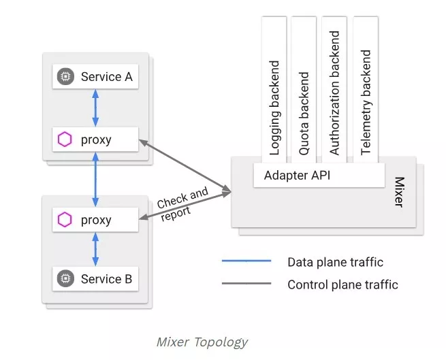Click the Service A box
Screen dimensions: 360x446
click(x=95, y=77)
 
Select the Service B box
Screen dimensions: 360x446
click(x=95, y=278)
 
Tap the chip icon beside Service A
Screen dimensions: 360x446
click(x=65, y=77)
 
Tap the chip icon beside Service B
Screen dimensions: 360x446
click(x=65, y=278)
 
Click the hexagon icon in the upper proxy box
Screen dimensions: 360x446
click(x=65, y=140)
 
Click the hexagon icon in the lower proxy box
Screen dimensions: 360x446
click(x=65, y=220)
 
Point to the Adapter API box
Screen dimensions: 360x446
click(x=319, y=174)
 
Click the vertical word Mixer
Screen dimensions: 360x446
click(x=400, y=192)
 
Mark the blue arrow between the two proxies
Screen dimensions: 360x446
click(x=95, y=180)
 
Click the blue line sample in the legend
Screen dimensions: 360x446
click(x=246, y=261)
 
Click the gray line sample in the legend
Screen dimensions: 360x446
click(x=246, y=283)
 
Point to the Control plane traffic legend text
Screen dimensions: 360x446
click(x=343, y=284)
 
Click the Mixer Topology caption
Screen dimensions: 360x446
click(x=202, y=342)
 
